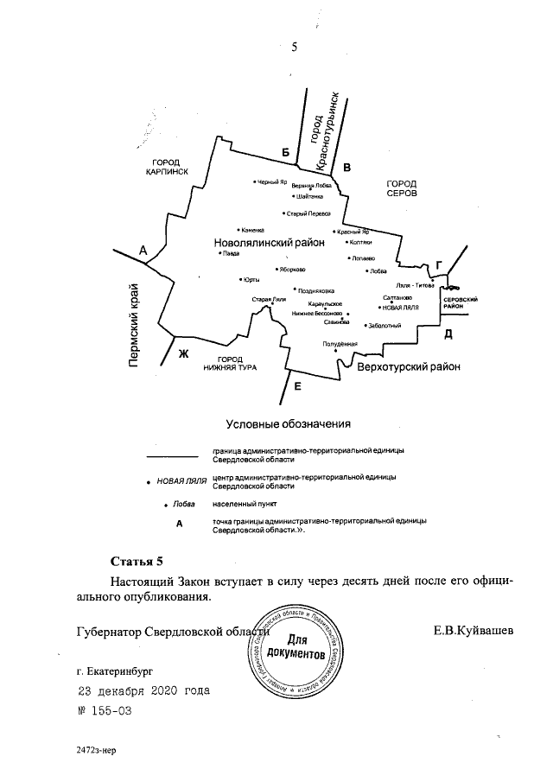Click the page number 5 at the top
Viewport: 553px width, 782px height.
(x=295, y=48)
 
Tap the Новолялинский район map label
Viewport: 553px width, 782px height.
(x=269, y=244)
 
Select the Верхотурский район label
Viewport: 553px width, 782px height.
(x=409, y=366)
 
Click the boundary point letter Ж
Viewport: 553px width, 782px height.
(x=182, y=353)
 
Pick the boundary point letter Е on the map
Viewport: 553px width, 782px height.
(x=297, y=385)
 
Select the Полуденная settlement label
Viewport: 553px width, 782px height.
(x=340, y=345)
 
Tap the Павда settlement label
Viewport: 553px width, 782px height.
(x=231, y=255)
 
